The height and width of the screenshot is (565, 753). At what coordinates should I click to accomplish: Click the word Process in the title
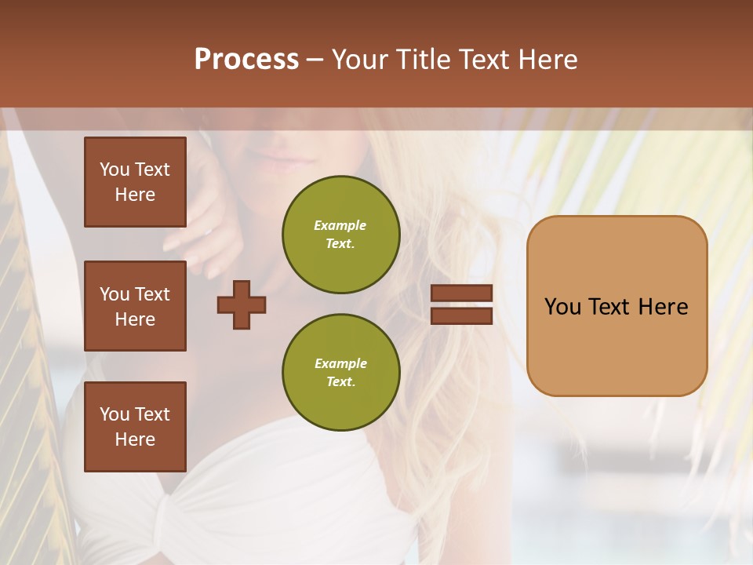(x=246, y=60)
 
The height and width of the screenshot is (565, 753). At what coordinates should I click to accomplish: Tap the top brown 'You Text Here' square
(x=135, y=182)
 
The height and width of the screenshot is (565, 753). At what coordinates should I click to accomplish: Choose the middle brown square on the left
(x=135, y=306)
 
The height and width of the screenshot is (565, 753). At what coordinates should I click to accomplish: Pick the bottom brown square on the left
(x=135, y=427)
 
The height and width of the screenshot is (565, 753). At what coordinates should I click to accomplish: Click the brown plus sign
(x=242, y=304)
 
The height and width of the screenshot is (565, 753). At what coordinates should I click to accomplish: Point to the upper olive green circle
(x=340, y=235)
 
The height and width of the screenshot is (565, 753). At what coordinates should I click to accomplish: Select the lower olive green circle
(x=340, y=373)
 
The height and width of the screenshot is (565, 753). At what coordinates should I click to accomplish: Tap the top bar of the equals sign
(x=462, y=293)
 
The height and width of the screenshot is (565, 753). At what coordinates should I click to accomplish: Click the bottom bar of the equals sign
(x=462, y=316)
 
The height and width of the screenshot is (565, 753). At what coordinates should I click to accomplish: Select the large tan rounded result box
(x=617, y=306)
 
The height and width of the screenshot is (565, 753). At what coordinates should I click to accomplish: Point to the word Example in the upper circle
(x=340, y=225)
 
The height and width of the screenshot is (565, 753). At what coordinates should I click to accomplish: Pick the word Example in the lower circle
(x=340, y=363)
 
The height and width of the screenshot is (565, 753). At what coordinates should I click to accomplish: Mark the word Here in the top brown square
(x=135, y=195)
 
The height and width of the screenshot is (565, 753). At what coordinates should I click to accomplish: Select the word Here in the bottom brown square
(x=135, y=439)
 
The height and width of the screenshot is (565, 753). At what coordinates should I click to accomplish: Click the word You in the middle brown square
(x=115, y=294)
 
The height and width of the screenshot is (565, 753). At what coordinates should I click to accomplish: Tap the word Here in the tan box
(x=663, y=307)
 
